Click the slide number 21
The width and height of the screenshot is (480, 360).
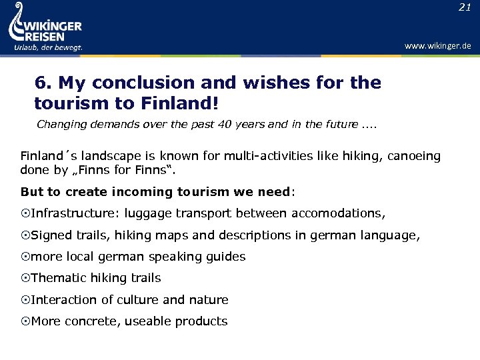[464, 7]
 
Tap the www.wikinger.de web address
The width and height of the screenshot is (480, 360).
[437, 46]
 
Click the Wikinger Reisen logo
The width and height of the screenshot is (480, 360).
[45, 25]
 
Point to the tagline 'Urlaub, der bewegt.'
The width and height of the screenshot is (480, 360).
[48, 47]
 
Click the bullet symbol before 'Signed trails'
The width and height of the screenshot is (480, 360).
[25, 235]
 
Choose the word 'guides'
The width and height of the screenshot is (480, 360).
[225, 257]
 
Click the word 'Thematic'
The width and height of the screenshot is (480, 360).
[57, 278]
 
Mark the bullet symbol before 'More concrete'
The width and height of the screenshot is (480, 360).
[25, 321]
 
